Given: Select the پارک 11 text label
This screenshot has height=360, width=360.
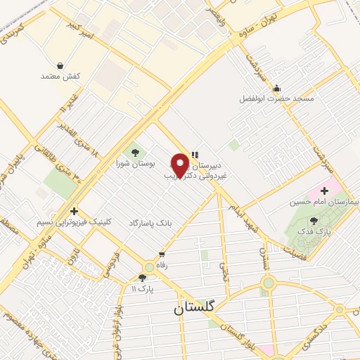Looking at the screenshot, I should pyautogui.click(x=142, y=288).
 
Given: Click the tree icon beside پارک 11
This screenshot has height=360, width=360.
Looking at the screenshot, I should pyautogui.click(x=142, y=278).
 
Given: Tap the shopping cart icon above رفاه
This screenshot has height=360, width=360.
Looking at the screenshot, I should pyautogui.click(x=162, y=255).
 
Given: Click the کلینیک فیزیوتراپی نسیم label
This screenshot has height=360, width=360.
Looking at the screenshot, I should pyautogui.click(x=75, y=221).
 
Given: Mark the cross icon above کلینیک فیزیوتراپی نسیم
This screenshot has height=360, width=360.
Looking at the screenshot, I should pyautogui.click(x=75, y=211).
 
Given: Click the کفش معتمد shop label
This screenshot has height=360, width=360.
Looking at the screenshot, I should pyautogui.click(x=61, y=75).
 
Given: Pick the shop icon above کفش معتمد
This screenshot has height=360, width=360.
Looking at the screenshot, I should pyautogui.click(x=61, y=65).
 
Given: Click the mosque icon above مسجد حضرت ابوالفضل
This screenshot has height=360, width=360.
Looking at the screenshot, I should pyautogui.click(x=276, y=89).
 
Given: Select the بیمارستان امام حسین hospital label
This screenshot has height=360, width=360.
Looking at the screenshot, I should pyautogui.click(x=323, y=201).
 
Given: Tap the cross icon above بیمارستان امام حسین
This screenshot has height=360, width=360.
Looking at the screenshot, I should pyautogui.click(x=324, y=191).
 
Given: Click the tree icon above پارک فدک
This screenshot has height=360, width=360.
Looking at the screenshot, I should pyautogui.click(x=313, y=221).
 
